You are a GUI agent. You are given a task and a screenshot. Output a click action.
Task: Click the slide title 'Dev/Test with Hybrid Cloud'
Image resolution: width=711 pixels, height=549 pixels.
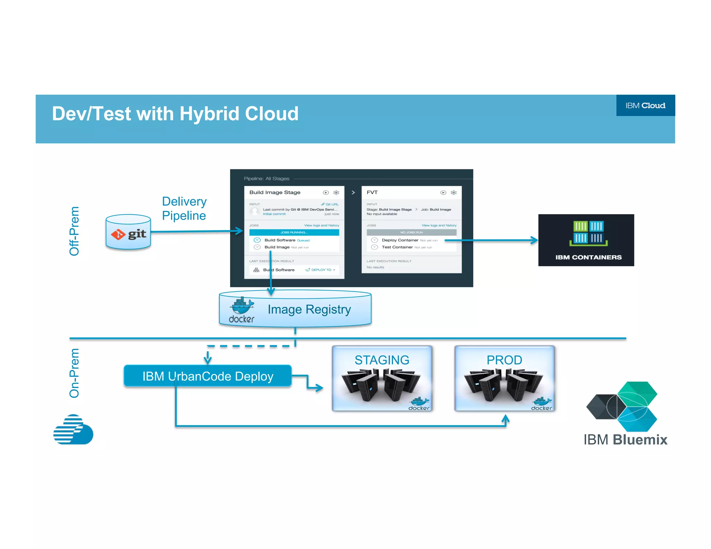175,114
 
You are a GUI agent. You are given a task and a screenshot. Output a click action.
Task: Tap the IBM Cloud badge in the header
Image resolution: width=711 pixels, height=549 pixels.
645,105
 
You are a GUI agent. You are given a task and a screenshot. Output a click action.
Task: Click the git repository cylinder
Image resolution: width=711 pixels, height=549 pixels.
128,233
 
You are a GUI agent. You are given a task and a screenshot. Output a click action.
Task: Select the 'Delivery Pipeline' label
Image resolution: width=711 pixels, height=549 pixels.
184,209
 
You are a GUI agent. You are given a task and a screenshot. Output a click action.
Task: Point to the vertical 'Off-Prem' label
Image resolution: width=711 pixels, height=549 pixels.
74,231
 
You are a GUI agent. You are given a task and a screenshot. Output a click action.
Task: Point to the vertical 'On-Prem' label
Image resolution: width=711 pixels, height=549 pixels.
74,373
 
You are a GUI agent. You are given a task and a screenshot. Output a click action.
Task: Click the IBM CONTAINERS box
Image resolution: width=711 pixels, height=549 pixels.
586,240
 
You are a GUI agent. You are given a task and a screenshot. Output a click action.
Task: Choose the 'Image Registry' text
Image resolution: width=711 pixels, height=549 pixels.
309,309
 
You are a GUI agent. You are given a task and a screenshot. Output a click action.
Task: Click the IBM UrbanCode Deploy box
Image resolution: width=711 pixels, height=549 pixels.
208,376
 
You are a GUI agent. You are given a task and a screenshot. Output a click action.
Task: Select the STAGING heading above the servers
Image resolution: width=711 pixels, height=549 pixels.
382,360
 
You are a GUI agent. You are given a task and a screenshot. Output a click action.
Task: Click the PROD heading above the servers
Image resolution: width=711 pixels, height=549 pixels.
504,360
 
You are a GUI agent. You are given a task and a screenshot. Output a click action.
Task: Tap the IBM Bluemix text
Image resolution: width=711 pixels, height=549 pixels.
625,440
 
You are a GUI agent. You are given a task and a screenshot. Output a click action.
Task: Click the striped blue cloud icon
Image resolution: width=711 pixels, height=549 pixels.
73,429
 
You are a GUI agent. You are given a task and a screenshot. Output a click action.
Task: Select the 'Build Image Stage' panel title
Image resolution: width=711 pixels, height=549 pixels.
275,192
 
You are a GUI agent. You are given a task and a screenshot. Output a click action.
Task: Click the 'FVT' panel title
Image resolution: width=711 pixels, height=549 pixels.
372,192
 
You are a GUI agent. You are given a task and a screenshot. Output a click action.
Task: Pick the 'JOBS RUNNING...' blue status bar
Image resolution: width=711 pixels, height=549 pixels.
294,233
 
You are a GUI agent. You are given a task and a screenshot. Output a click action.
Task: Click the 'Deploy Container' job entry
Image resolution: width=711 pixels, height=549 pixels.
400,240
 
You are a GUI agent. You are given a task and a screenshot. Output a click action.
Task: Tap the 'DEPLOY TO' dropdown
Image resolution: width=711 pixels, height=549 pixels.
320,270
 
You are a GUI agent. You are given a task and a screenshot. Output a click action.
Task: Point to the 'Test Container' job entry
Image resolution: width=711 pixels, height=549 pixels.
397,247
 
